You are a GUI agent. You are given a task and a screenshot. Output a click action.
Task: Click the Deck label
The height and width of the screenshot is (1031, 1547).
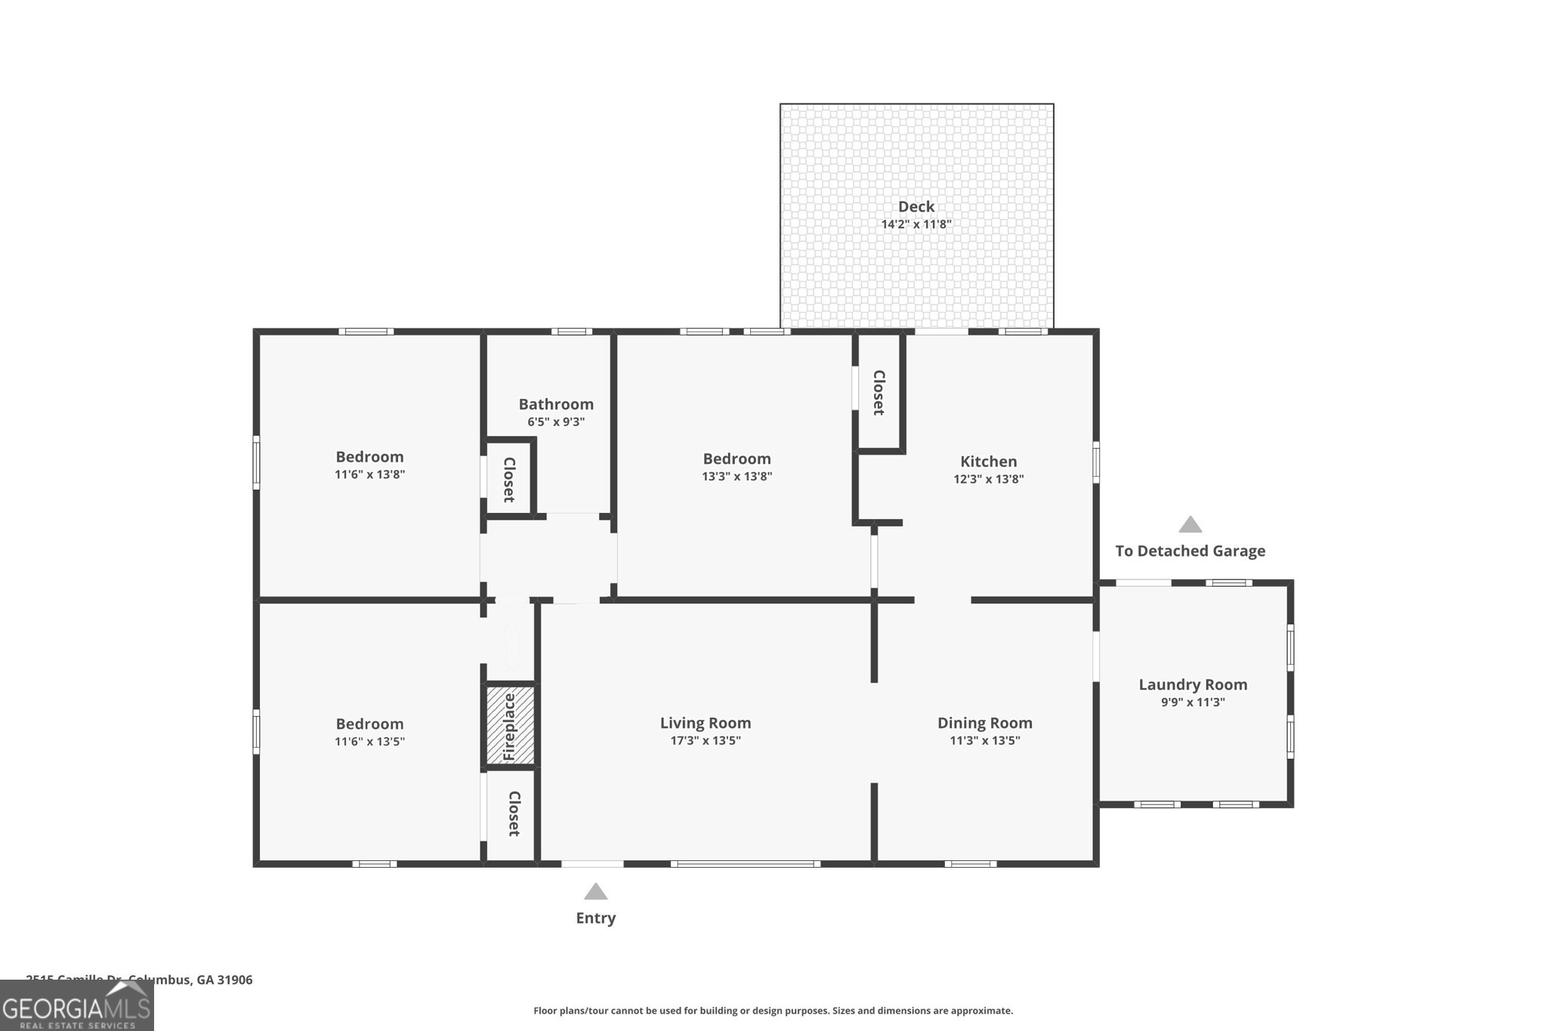[916, 206]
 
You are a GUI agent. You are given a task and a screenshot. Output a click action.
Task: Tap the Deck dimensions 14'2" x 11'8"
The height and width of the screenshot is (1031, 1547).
[916, 224]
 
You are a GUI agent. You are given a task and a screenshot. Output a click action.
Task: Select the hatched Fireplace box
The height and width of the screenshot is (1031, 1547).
[510, 725]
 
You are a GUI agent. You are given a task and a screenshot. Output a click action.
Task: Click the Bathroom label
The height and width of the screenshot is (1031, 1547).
[556, 404]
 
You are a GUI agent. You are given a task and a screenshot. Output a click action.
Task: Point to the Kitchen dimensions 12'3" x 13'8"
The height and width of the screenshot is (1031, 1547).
[988, 479]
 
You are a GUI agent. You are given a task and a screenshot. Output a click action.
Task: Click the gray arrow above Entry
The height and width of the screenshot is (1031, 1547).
[595, 892]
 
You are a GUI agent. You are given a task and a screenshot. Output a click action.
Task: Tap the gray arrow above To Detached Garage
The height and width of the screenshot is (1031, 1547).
[1190, 525]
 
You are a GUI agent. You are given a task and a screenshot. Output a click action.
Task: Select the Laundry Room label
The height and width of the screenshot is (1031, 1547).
[1193, 684]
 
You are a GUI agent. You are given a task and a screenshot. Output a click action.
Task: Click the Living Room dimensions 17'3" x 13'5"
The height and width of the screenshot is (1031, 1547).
[705, 741]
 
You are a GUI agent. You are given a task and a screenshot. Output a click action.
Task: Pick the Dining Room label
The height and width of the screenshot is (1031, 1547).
[984, 723]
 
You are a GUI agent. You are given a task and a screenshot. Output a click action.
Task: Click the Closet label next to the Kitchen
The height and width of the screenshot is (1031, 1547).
[878, 392]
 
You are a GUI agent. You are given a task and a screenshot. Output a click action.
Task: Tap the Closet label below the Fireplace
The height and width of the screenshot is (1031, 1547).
[514, 813]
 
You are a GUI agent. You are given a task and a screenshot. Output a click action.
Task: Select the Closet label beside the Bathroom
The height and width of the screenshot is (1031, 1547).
[509, 480]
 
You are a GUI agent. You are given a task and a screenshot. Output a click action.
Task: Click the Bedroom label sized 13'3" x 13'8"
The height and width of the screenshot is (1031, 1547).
[736, 458]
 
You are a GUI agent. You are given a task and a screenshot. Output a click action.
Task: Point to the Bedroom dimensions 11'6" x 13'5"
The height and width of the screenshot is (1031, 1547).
[369, 742]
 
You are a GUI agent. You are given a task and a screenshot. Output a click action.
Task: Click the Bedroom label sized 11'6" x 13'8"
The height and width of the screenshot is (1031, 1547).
[369, 457]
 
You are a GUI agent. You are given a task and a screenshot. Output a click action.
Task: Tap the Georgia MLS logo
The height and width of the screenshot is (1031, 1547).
[76, 1006]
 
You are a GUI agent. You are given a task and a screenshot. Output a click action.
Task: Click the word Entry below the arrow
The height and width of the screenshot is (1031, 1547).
[595, 918]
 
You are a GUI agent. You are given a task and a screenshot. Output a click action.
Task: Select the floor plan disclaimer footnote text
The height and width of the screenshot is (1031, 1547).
[773, 1011]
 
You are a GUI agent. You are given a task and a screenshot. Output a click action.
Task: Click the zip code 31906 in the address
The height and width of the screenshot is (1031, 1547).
[235, 980]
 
